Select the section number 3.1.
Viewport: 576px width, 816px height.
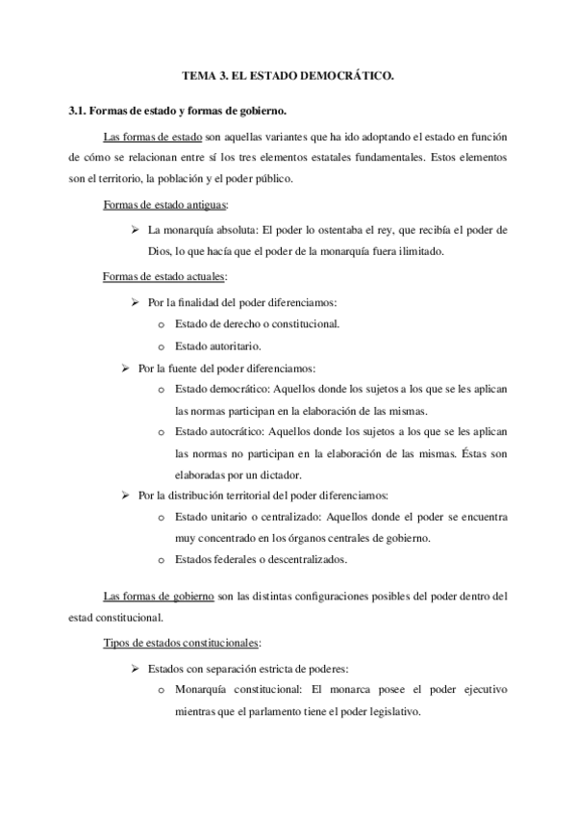click(x=79, y=112)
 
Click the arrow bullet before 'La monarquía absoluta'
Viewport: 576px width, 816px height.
click(x=136, y=231)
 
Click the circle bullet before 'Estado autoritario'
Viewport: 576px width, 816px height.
click(x=161, y=345)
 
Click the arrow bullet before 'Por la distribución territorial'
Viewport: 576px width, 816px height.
click(x=124, y=496)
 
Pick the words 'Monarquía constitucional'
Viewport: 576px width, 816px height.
click(x=240, y=690)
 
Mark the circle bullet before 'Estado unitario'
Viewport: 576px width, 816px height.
click(x=161, y=518)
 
